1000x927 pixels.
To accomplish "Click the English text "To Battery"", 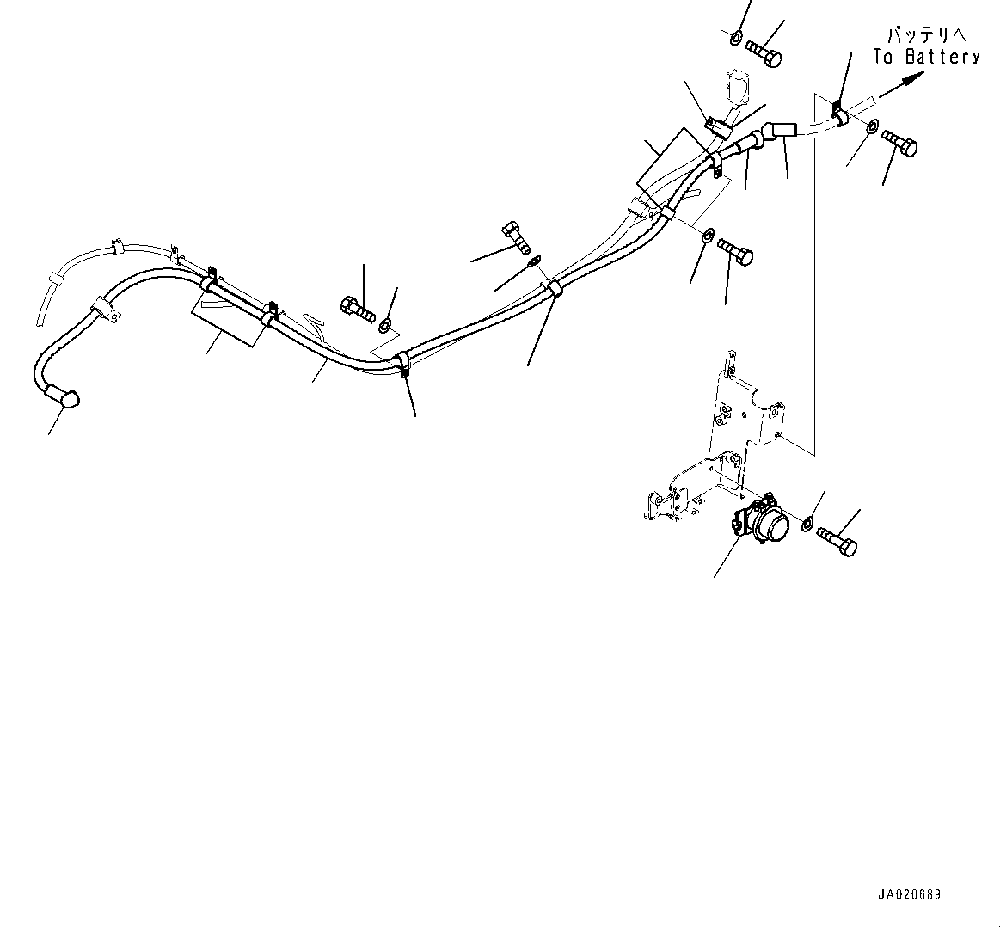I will coord(926,57).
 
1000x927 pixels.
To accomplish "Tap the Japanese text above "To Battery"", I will coord(926,34).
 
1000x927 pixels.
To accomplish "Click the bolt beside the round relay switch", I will coord(837,541).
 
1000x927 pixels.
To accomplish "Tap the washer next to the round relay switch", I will coord(807,525).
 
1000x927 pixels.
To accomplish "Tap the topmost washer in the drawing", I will coord(737,38).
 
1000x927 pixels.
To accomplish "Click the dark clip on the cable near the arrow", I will coord(837,111).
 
